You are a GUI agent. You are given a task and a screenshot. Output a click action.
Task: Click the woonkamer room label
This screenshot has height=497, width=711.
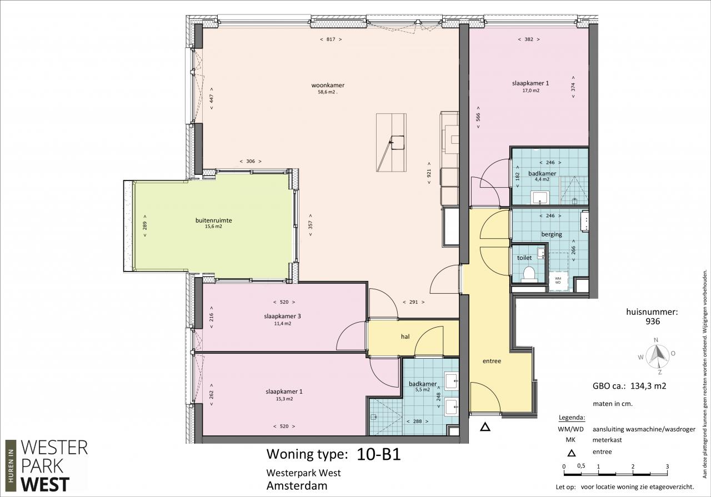[x=328, y=85]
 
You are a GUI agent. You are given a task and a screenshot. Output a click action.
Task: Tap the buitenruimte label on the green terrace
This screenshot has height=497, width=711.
[x=214, y=220]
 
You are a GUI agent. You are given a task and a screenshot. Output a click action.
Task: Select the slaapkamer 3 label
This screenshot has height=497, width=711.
[x=283, y=316]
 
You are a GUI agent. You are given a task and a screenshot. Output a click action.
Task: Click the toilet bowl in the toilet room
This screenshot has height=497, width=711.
[x=529, y=274]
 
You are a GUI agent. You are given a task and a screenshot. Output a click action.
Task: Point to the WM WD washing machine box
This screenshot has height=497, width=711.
[x=558, y=280]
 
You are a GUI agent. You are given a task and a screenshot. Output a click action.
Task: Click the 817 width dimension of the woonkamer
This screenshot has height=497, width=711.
[x=331, y=39]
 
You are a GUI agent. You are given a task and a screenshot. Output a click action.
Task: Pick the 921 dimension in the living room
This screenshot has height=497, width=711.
[x=429, y=173]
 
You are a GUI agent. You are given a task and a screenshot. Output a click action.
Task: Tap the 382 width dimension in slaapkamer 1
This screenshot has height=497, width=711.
[x=529, y=39]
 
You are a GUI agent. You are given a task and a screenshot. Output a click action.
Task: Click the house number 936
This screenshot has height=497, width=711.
[x=653, y=322]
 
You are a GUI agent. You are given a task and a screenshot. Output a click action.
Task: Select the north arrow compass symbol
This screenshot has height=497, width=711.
[x=657, y=355]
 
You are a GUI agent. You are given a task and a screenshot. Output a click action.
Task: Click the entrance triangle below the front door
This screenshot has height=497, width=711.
[x=485, y=427]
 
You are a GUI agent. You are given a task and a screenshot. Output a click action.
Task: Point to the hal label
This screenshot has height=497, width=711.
[x=405, y=337]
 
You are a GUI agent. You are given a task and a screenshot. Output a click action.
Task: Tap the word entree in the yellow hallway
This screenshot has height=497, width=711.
[x=492, y=361]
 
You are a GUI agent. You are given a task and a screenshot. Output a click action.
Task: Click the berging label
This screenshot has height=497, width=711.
[x=552, y=234]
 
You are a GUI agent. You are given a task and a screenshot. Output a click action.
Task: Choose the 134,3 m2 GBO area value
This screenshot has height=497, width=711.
[x=648, y=386]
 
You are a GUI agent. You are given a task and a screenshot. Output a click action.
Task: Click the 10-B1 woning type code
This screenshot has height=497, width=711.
[x=379, y=454]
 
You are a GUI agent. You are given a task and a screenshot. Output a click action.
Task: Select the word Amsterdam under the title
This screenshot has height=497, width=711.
[x=297, y=486]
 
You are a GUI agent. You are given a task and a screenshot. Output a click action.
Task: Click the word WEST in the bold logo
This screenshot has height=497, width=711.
[x=45, y=485]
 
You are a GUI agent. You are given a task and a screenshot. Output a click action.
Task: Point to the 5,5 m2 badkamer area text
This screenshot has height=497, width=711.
[x=422, y=390]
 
